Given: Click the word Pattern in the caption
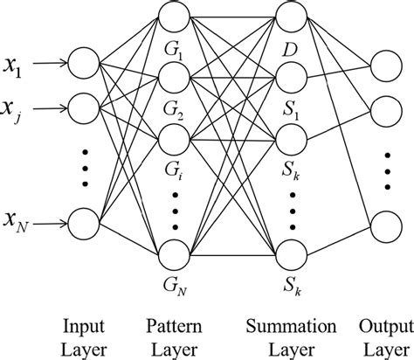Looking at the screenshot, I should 175,327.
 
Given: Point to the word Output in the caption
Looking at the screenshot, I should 383,327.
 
